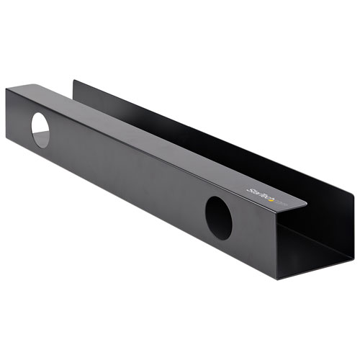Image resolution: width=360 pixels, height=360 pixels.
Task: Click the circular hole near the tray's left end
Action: coord(40,131)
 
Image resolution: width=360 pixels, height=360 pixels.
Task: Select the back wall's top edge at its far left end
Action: coord(75,81)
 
